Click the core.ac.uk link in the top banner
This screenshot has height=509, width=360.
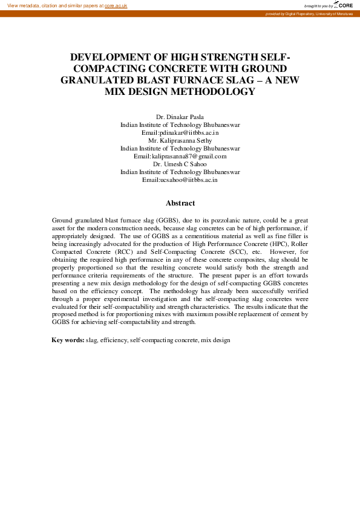(116, 5)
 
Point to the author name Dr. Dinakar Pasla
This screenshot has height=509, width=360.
(180, 117)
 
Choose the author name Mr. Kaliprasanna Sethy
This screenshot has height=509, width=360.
(180, 140)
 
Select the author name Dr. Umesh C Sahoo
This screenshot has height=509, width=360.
(180, 164)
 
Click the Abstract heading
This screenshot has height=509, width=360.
(180, 204)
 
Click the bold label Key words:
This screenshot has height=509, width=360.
(68, 340)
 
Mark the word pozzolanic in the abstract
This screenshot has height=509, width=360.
(212, 222)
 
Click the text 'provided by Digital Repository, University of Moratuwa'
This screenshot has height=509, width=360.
(309, 13)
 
